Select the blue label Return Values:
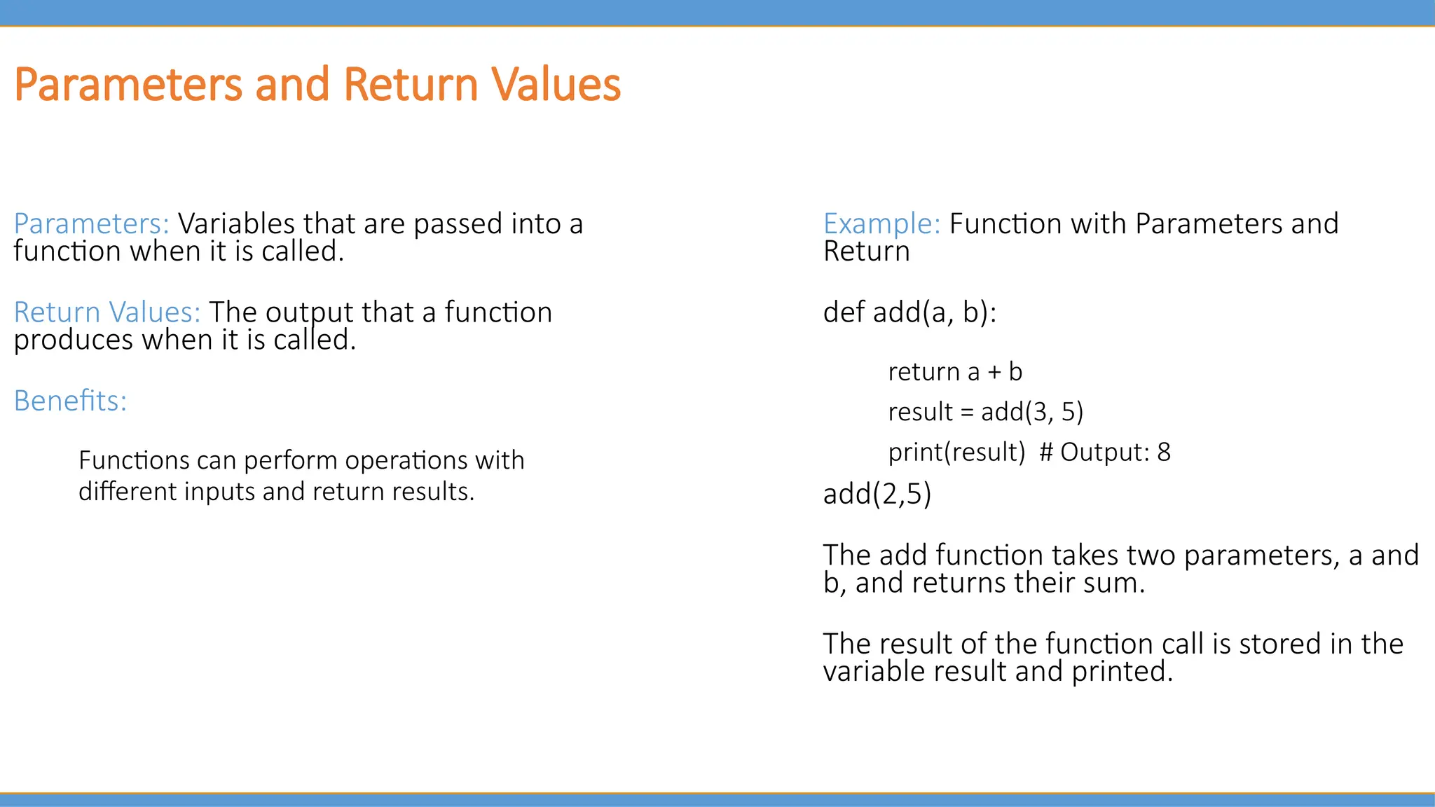(107, 312)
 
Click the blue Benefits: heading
(71, 401)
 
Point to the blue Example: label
(881, 224)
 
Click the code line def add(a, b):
(909, 312)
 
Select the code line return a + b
(955, 372)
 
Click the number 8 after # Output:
(1164, 453)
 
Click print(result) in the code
(956, 453)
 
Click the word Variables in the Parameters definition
(236, 224)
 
